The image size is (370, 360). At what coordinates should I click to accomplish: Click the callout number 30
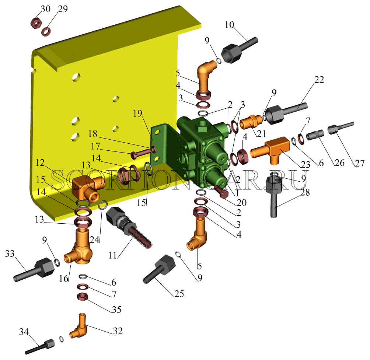click(x=46, y=9)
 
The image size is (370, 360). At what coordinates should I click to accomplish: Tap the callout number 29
click(x=63, y=9)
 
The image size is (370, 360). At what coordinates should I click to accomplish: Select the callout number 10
click(x=229, y=25)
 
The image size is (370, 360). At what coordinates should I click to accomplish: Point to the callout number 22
click(x=319, y=80)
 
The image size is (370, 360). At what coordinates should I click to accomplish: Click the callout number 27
click(x=360, y=163)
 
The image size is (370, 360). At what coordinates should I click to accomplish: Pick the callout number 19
click(x=137, y=113)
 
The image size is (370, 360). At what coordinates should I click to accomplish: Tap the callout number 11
click(x=112, y=255)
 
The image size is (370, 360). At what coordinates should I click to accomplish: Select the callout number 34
click(x=24, y=332)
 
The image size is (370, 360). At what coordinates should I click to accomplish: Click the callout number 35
click(x=116, y=310)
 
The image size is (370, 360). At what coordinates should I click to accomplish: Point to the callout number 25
click(x=179, y=294)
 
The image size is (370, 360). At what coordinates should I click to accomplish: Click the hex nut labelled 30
click(x=36, y=23)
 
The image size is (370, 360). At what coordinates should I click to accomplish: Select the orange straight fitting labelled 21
click(x=251, y=122)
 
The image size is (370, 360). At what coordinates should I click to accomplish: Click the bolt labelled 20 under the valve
click(x=221, y=191)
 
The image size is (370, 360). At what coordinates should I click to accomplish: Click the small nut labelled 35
click(x=83, y=296)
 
